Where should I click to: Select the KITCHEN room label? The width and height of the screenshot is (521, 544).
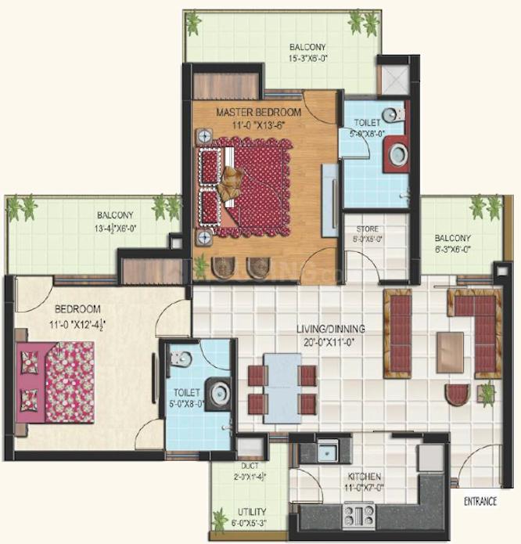365,476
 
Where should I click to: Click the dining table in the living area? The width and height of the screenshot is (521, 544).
282,387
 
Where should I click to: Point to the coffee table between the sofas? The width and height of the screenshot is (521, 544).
450,351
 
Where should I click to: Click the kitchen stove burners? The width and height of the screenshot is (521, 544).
359,514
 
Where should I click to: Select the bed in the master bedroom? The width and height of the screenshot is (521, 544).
246,186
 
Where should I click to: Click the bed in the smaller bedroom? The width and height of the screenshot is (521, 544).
59,381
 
